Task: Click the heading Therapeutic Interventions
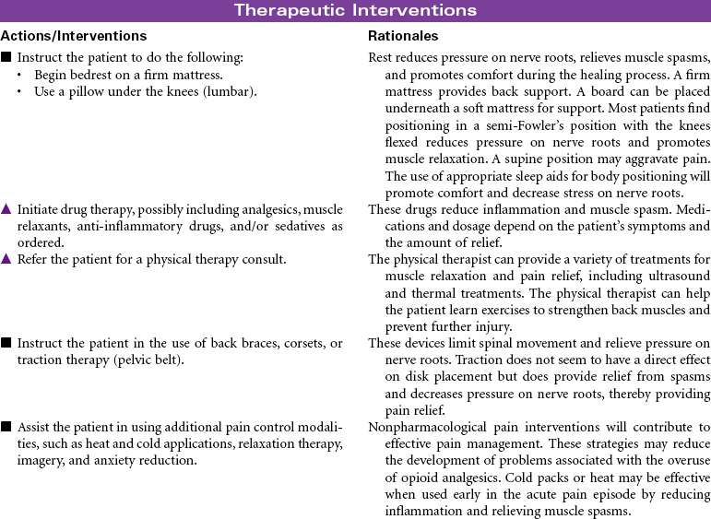point(355,11)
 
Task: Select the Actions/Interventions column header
point(74,36)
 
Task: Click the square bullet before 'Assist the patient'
point(6,427)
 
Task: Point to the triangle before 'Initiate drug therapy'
point(6,210)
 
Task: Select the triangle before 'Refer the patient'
point(6,260)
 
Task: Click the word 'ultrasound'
point(677,276)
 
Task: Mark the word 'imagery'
point(38,460)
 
